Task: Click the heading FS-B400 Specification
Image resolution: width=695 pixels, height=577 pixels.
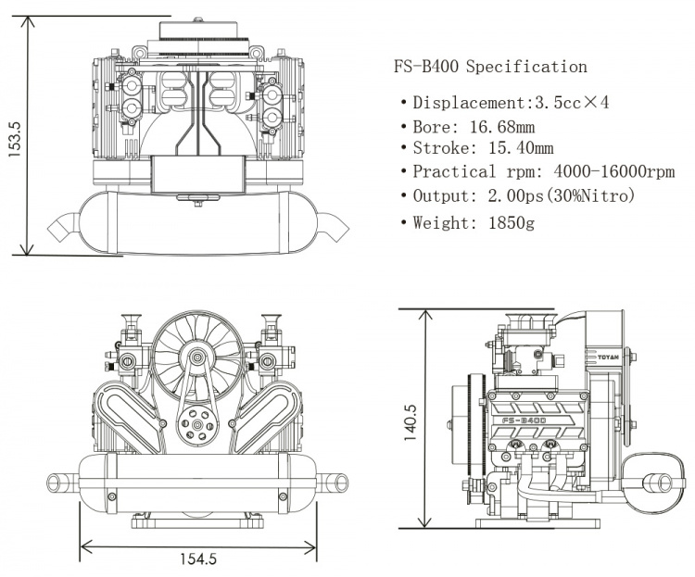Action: [490, 67]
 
